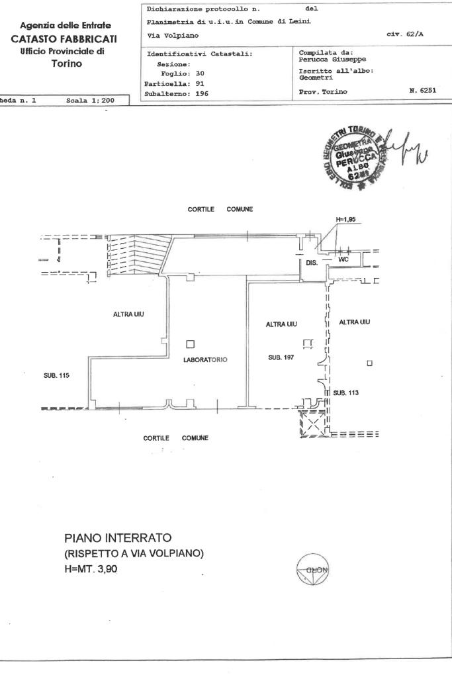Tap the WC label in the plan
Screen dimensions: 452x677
[x=343, y=260]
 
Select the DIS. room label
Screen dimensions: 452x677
[x=312, y=263]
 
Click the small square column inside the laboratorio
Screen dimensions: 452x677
[x=191, y=344]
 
